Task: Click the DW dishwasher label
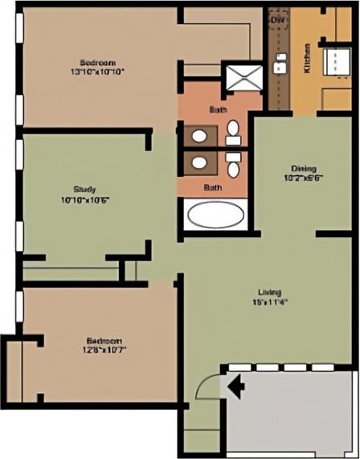click(278, 19)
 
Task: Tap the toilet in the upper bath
click(232, 131)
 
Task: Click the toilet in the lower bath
click(233, 166)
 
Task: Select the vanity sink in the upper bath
click(197, 133)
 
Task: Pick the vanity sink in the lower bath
click(197, 164)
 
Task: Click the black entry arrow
click(237, 387)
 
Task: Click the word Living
click(269, 292)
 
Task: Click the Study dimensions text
click(84, 199)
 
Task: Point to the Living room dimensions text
click(269, 302)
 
